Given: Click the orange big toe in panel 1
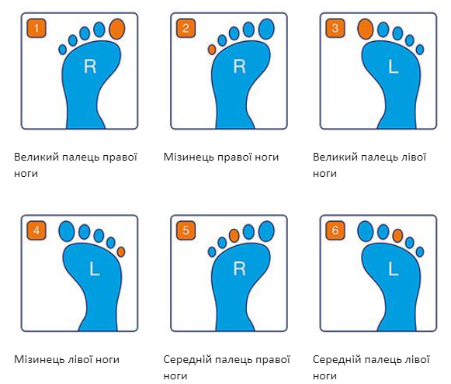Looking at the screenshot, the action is (x=117, y=29).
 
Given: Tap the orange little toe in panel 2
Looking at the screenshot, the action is (x=212, y=50).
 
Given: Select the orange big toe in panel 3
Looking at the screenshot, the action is (x=366, y=29).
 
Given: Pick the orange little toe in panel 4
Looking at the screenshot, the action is (x=121, y=252).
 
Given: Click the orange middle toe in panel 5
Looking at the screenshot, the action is (x=234, y=236).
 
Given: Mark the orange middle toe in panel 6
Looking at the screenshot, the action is (x=397, y=236).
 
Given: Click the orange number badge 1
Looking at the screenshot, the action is (x=36, y=28).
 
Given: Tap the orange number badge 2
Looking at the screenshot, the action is (x=186, y=28).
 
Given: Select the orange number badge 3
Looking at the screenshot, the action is (x=335, y=28).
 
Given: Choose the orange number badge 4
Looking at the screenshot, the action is (x=36, y=230).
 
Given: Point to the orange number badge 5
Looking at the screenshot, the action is (x=186, y=230).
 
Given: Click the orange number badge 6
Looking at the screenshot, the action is (x=335, y=230).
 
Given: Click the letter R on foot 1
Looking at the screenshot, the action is (x=90, y=67).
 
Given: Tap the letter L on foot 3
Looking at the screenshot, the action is (x=394, y=67).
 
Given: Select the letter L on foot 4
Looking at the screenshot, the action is (x=95, y=270).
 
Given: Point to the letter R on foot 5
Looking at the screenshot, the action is (x=239, y=268).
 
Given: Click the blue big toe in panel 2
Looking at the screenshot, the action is (x=266, y=29).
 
